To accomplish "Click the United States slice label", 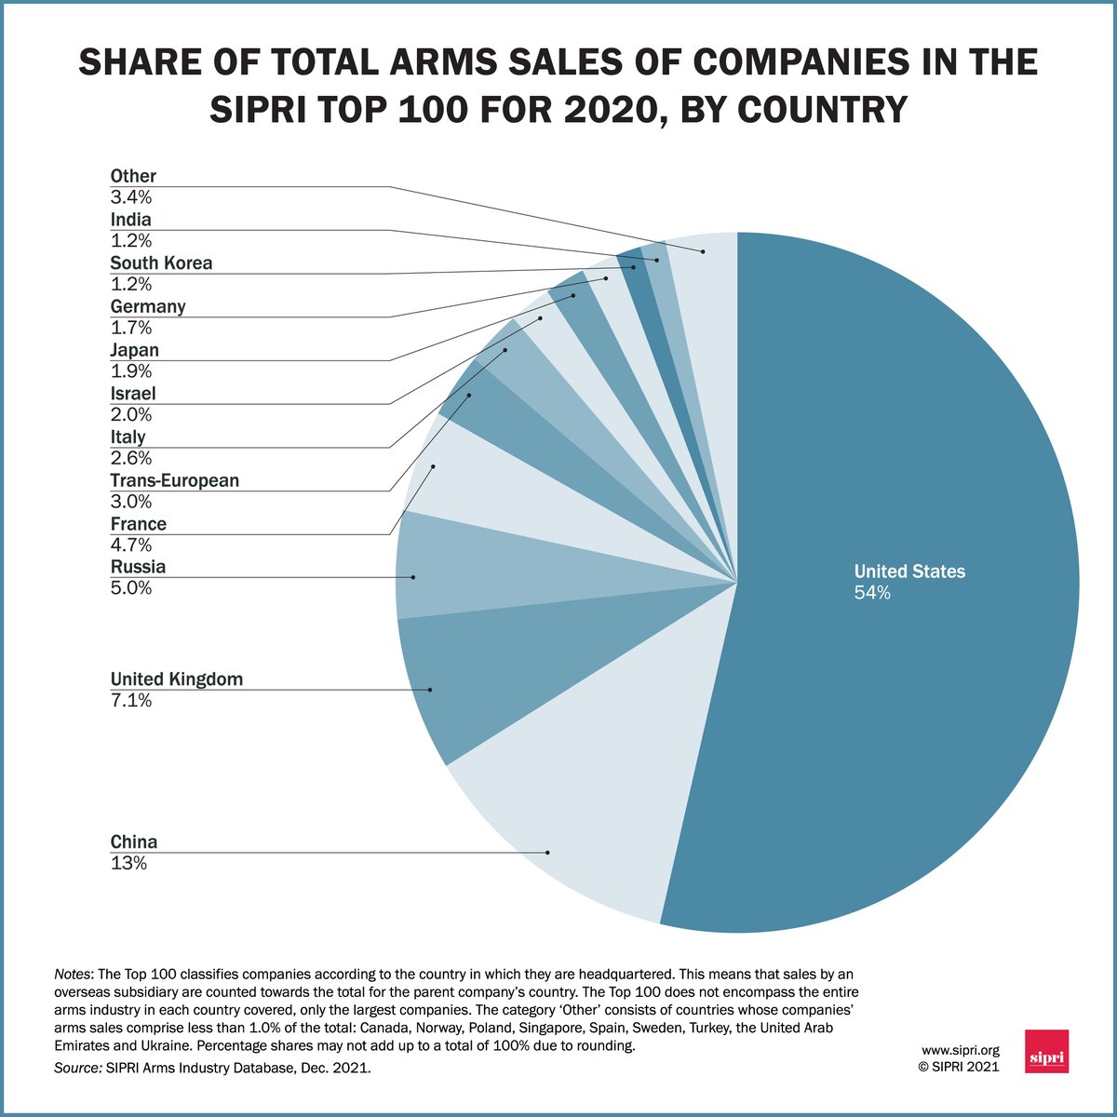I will tap(909, 572).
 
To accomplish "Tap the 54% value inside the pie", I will tap(872, 593).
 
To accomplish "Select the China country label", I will tap(134, 841).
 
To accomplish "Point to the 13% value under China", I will tap(128, 863).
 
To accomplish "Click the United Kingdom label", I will tap(176, 679).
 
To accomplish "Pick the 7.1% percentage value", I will tap(131, 700).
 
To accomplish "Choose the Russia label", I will tap(138, 567).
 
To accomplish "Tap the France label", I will tap(138, 523).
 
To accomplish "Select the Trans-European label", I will tap(174, 480).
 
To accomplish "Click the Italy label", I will tap(128, 437).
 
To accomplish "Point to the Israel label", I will tap(132, 393).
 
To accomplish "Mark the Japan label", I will tap(134, 350).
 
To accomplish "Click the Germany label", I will tap(147, 306).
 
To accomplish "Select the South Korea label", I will tap(161, 262).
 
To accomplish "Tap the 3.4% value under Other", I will tap(131, 197).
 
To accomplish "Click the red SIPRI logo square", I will tap(1045, 1051).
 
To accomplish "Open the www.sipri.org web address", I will tap(960, 1050).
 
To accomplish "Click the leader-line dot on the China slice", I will tap(548, 852).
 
